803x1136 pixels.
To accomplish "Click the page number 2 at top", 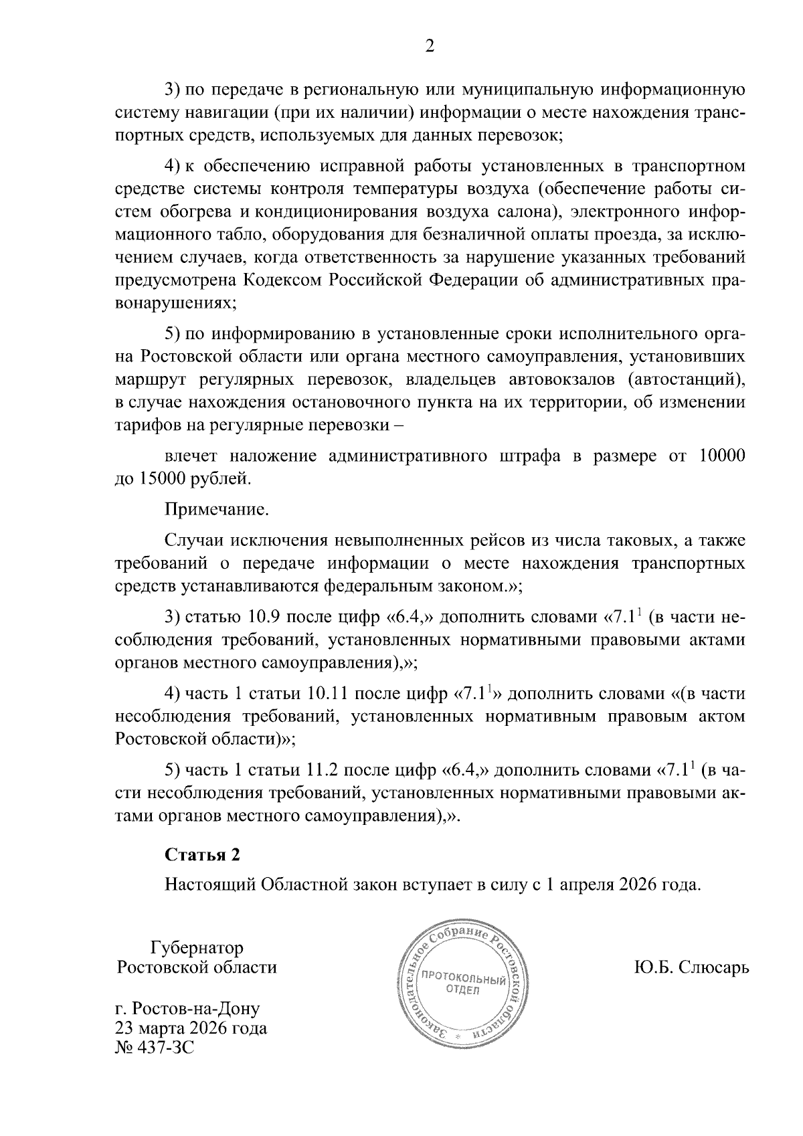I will (x=430, y=46).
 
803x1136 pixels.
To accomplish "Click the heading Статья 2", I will (x=202, y=855).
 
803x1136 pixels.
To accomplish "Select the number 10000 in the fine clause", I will (x=721, y=456).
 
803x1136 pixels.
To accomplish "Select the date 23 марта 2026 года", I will (x=191, y=1028).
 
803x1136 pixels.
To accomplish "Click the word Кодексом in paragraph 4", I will (x=286, y=280).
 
